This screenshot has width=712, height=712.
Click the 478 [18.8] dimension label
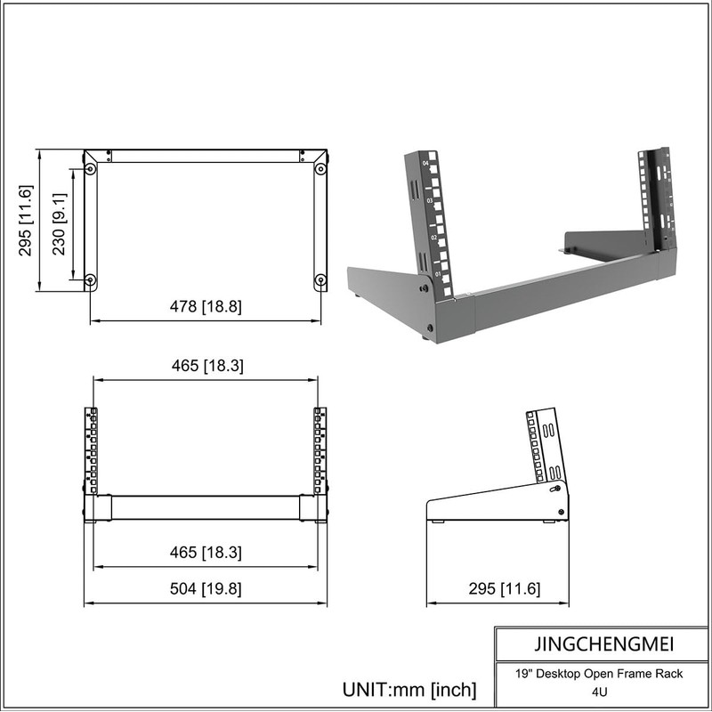[206, 307]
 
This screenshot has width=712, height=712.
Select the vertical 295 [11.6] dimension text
[25, 220]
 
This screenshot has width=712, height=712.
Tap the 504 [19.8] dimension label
[206, 589]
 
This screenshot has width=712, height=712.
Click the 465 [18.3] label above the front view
[206, 366]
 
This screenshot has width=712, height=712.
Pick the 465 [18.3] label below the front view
[206, 553]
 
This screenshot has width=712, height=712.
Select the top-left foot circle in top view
[91, 168]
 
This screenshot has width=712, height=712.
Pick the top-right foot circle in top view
[320, 168]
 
